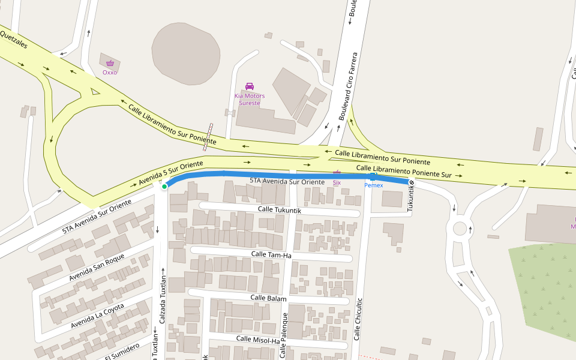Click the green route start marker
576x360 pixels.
(x=164, y=187)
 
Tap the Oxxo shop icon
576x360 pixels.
(x=110, y=63)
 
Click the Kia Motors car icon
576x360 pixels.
(x=250, y=86)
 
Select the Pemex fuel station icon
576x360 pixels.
(x=373, y=176)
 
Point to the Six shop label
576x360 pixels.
(x=337, y=182)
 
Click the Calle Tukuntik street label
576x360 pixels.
(x=280, y=209)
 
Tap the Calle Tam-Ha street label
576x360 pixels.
(x=271, y=255)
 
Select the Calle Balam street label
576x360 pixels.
(x=268, y=298)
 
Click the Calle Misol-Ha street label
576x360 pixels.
(x=258, y=340)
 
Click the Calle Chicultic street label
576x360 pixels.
(x=358, y=319)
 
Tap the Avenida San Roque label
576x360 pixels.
(x=97, y=268)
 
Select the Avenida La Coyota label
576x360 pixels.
(x=97, y=316)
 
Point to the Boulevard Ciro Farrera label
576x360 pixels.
(x=349, y=86)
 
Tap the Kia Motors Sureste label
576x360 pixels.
(x=250, y=100)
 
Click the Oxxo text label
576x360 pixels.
(x=110, y=73)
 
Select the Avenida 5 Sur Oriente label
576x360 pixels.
(x=170, y=172)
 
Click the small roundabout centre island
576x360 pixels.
(x=460, y=229)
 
